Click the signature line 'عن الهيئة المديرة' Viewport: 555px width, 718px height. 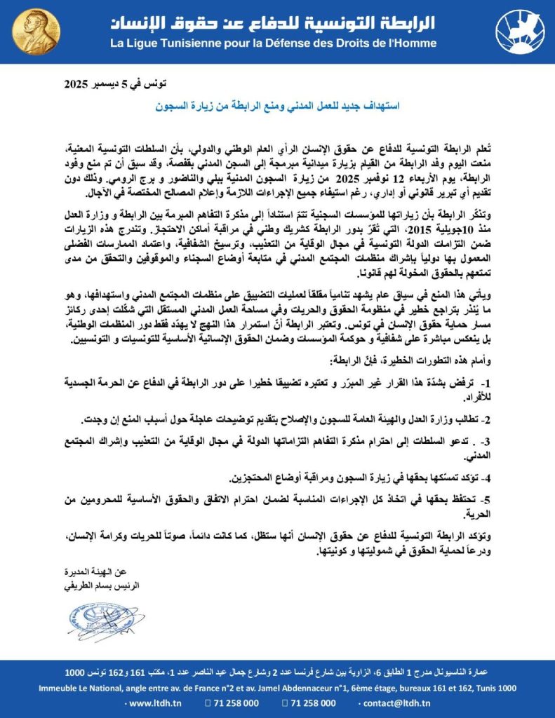click(111, 572)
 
